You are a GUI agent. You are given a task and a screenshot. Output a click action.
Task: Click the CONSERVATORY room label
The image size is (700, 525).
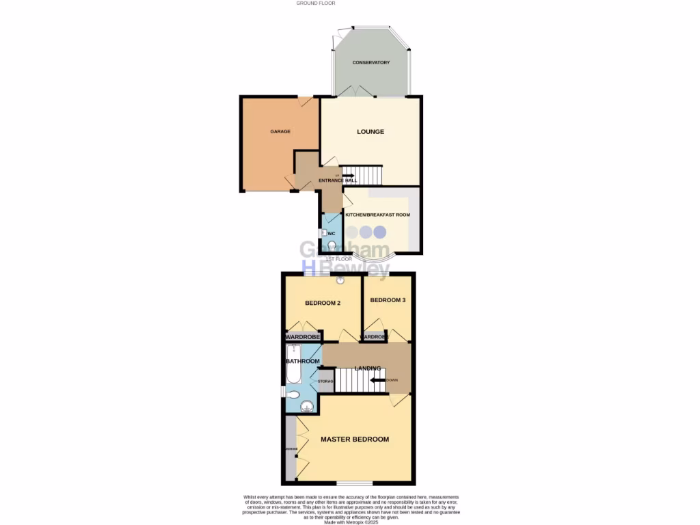tap(371, 63)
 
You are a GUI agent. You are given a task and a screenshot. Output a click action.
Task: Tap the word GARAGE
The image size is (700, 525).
tap(280, 131)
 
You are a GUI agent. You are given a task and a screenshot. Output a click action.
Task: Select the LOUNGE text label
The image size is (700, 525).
tap(371, 132)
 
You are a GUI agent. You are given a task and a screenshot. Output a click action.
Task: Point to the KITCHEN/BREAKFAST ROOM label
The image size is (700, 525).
tap(377, 215)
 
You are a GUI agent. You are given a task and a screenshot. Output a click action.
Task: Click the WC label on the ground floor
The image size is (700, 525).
tap(332, 234)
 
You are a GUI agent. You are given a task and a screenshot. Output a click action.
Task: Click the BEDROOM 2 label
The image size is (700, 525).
tap(323, 303)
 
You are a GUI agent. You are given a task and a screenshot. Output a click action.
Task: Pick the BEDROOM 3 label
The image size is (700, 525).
tap(388, 300)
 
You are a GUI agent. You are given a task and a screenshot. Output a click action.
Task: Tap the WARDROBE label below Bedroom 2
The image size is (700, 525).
tap(303, 336)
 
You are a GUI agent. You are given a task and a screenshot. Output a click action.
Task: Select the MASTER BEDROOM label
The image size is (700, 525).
tap(355, 440)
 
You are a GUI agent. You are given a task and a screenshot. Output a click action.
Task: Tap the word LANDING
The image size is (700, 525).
tap(367, 368)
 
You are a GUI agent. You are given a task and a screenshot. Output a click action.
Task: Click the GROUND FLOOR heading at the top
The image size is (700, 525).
tap(315, 3)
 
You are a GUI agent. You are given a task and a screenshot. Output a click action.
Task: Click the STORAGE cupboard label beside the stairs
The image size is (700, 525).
tap(325, 381)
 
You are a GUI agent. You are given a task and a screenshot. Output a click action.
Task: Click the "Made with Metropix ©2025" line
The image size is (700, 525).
tap(351, 522)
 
